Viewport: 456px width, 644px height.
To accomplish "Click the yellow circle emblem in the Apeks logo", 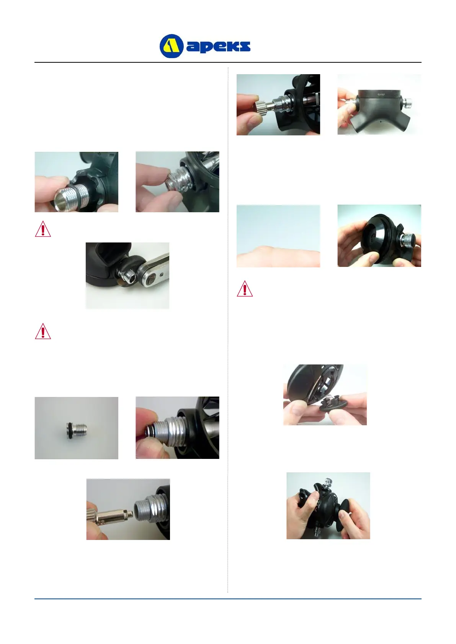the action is pos(171,46).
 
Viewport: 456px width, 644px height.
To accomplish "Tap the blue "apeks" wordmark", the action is pos(218,46).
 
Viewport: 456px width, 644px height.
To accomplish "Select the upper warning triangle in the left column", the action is pos(43,229).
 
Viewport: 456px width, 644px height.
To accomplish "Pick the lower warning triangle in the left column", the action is pos(43,331).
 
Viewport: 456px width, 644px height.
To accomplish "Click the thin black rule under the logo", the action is pos(228,62).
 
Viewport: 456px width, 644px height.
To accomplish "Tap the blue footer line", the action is pos(228,599).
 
